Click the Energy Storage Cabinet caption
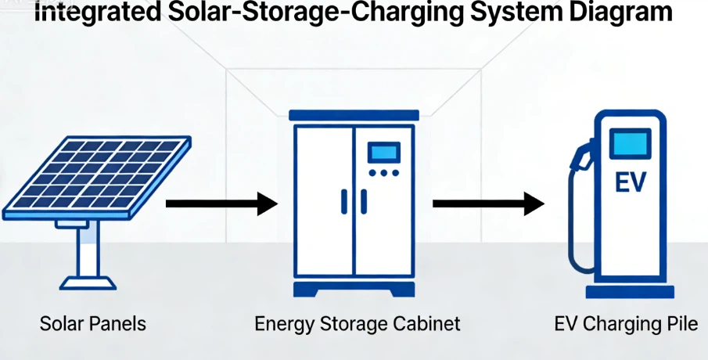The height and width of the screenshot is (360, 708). (358, 323)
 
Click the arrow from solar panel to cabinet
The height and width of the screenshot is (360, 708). (221, 204)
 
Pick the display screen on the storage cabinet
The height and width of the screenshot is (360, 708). (383, 151)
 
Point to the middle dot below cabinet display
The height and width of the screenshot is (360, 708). (383, 173)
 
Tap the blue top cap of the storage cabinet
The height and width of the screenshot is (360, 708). (351, 114)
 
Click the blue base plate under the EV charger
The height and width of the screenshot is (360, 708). (630, 291)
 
